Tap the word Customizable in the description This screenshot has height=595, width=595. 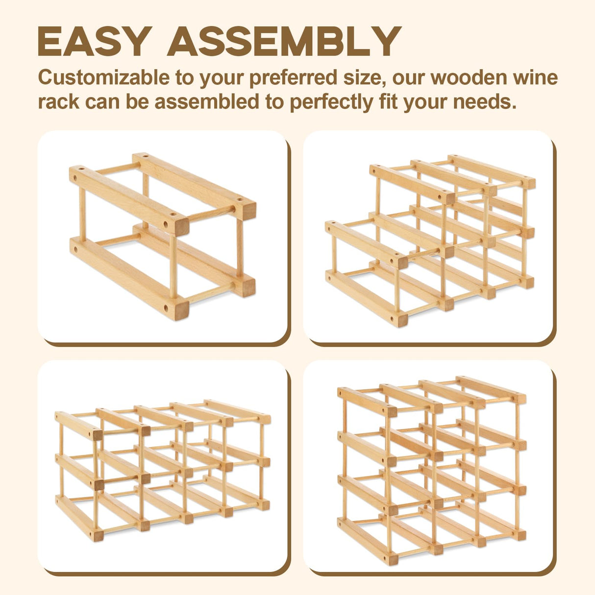click(103, 78)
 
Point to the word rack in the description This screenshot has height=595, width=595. click(58, 102)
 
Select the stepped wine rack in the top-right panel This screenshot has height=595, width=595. click(429, 240)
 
